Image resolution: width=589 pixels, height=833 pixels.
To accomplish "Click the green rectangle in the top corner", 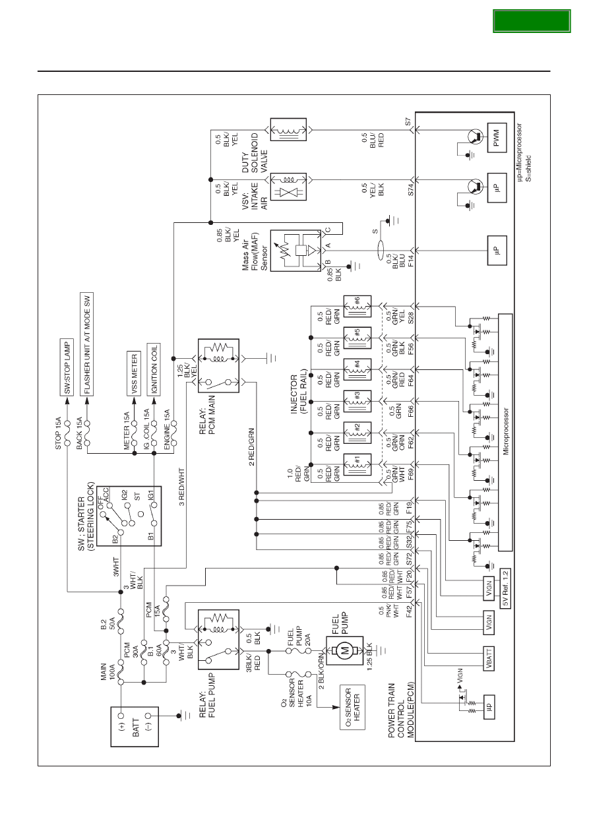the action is point(532,21).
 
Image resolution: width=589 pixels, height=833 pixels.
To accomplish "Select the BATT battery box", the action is point(135,727).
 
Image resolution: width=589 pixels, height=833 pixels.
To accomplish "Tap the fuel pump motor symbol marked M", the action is point(345,651).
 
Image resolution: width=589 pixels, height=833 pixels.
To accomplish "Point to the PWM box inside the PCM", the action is point(497,138).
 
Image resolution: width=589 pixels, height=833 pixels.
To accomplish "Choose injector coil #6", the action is point(357,307).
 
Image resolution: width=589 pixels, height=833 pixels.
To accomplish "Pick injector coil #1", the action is point(357,465).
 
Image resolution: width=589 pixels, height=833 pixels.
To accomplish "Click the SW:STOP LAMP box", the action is point(67,367).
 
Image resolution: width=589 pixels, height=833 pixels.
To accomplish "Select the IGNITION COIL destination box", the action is point(154,369).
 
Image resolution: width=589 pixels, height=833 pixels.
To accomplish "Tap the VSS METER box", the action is point(134,373).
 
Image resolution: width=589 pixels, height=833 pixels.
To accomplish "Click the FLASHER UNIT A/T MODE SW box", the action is point(86,344).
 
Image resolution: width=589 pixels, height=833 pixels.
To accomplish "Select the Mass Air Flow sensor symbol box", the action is point(295,251).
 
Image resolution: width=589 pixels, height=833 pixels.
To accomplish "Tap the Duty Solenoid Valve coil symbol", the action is point(288,130).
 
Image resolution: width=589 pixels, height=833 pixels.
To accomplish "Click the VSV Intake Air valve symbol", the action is point(288,187).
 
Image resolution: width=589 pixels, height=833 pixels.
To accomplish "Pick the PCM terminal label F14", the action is point(411,261).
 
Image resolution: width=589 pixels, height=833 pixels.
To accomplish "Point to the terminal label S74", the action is point(410,189).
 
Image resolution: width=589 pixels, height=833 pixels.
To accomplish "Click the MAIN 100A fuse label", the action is point(108,671).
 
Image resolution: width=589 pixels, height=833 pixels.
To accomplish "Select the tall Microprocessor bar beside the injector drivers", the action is point(505,432).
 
